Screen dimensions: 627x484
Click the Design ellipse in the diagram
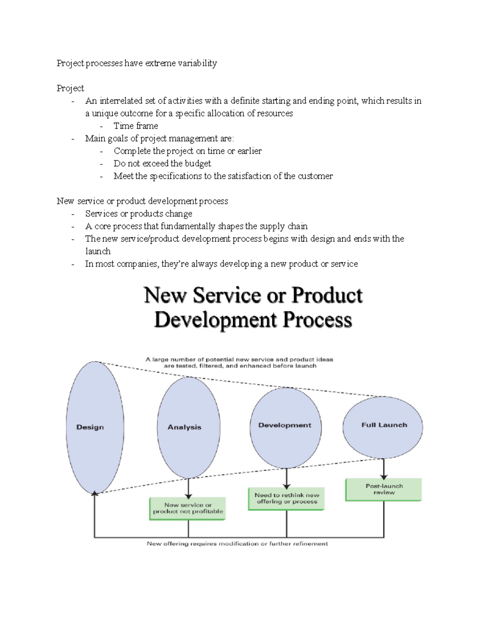(x=95, y=427)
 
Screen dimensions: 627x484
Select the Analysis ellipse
(x=188, y=427)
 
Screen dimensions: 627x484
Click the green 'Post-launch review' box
(x=384, y=489)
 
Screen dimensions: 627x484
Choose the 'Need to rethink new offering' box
(x=286, y=499)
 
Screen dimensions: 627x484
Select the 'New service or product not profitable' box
(x=188, y=508)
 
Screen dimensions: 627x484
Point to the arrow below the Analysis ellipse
(x=188, y=489)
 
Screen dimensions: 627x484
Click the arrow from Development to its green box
(x=286, y=479)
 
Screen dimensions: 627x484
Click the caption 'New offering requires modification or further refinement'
(x=237, y=544)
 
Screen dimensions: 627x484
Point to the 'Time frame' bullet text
(x=136, y=126)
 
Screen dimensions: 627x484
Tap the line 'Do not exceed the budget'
(x=162, y=164)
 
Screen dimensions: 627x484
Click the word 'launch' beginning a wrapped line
(x=98, y=251)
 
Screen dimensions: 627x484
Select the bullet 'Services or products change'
(x=138, y=214)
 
